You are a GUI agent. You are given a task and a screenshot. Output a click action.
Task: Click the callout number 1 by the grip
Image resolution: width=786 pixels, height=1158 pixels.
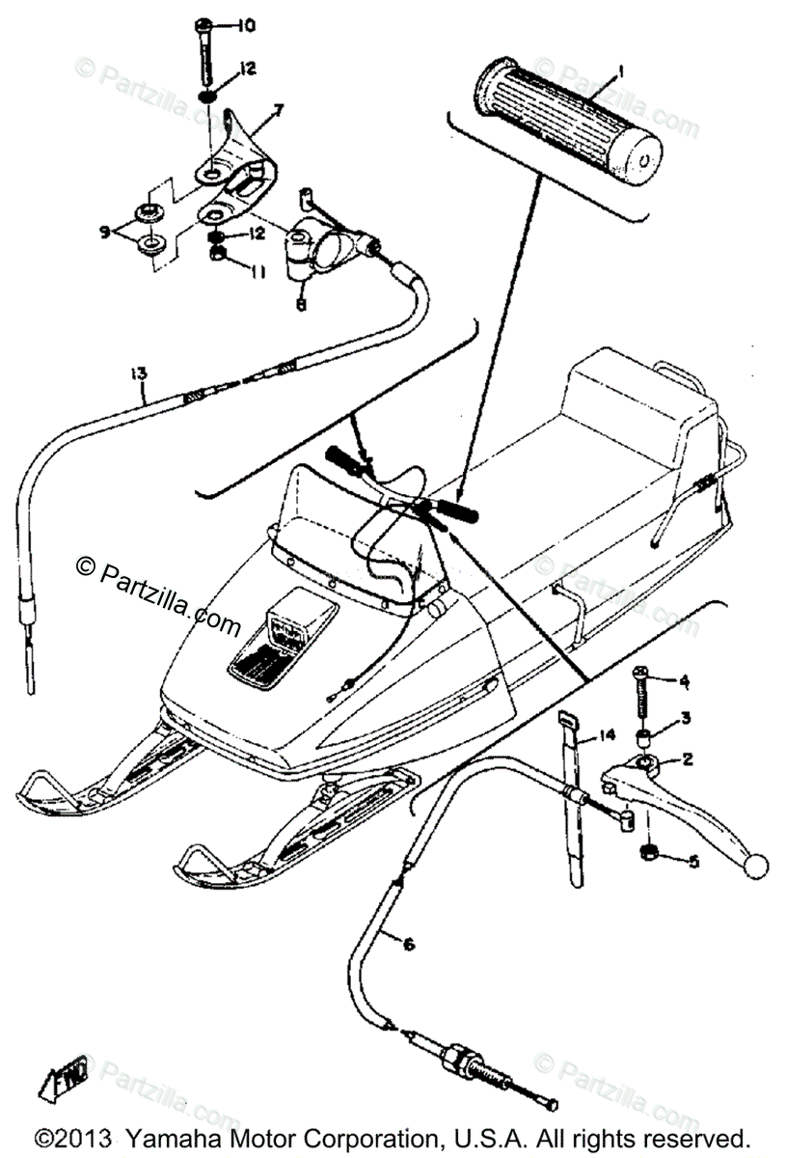(622, 69)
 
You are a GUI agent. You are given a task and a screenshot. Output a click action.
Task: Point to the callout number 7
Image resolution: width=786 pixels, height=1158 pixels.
(278, 110)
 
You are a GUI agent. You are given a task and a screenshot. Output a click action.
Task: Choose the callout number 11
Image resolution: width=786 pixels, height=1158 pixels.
(257, 274)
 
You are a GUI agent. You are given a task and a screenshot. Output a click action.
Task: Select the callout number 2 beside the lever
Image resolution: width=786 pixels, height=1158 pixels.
(687, 759)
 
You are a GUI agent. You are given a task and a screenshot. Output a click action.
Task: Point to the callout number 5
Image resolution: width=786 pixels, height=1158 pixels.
(692, 862)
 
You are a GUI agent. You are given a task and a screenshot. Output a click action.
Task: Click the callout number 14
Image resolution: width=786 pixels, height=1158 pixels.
(605, 735)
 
